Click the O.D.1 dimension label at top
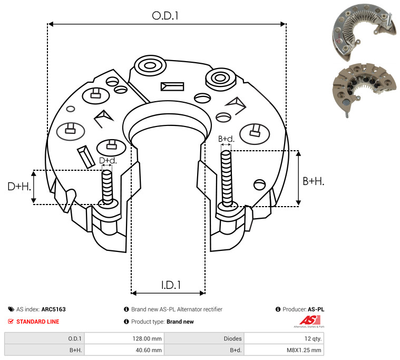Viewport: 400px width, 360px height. coord(165,16)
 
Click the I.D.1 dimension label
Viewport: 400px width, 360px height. coord(171,285)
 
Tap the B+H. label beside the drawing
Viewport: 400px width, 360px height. coord(313,181)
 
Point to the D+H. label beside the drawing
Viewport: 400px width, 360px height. coord(19,187)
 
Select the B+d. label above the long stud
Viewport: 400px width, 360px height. coord(226,139)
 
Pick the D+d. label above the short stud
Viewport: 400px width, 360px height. coord(108,160)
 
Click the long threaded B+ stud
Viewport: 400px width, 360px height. coord(226,178)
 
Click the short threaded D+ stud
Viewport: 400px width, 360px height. coord(107,187)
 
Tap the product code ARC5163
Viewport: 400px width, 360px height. coord(54,309)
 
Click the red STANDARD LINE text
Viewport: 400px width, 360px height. coord(38,322)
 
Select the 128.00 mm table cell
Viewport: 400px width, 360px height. coord(147,338)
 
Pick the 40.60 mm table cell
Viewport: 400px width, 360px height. coord(149,350)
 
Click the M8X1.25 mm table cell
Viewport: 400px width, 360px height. coord(304,350)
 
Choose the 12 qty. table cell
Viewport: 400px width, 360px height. coord(313,338)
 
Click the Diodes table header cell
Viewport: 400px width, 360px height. coord(232,338)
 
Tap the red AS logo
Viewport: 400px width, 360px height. coord(310,320)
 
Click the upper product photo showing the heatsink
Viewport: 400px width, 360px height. coord(364,32)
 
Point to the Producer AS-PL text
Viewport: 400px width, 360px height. coord(303,309)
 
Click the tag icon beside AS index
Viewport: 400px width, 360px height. coord(11,309)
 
